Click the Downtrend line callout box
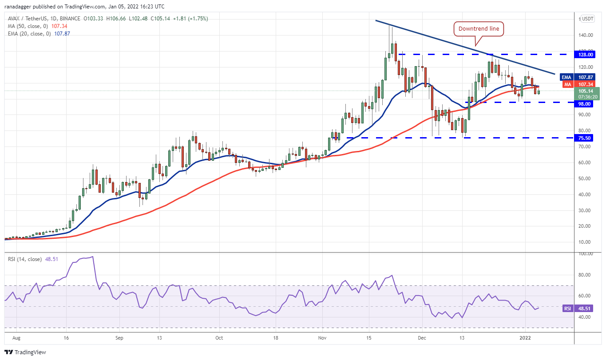click(479, 29)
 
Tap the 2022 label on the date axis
click(525, 338)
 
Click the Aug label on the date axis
click(16, 338)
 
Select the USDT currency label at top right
click(588, 19)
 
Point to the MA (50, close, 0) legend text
click(28, 26)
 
